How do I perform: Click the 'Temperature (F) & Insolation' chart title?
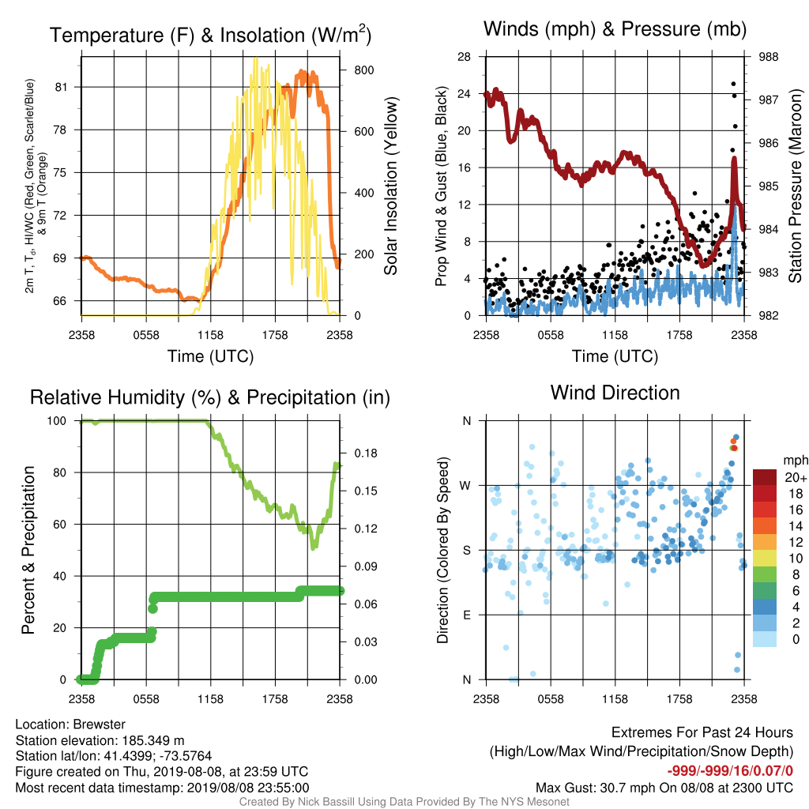tap(210, 35)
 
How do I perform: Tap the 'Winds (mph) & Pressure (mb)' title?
tap(615, 29)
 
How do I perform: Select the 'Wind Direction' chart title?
tap(615, 393)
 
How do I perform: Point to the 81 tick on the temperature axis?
tap(61, 87)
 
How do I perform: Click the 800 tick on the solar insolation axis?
tap(363, 70)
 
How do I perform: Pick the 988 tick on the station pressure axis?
tap(768, 57)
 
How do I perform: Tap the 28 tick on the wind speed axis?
tap(464, 57)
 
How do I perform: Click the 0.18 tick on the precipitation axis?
tap(366, 453)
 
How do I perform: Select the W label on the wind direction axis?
tap(465, 486)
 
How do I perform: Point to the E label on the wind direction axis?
tap(466, 615)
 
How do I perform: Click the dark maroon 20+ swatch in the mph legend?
tap(764, 477)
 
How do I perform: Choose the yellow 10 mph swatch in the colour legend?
tap(764, 559)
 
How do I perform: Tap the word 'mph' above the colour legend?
tap(796, 460)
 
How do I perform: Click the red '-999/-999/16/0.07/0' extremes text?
tap(730, 771)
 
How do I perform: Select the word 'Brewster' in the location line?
tap(99, 724)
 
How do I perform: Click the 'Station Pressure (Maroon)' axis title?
tap(795, 186)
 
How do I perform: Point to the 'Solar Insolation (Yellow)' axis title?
tap(391, 186)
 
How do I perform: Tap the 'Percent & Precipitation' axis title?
tap(28, 550)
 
